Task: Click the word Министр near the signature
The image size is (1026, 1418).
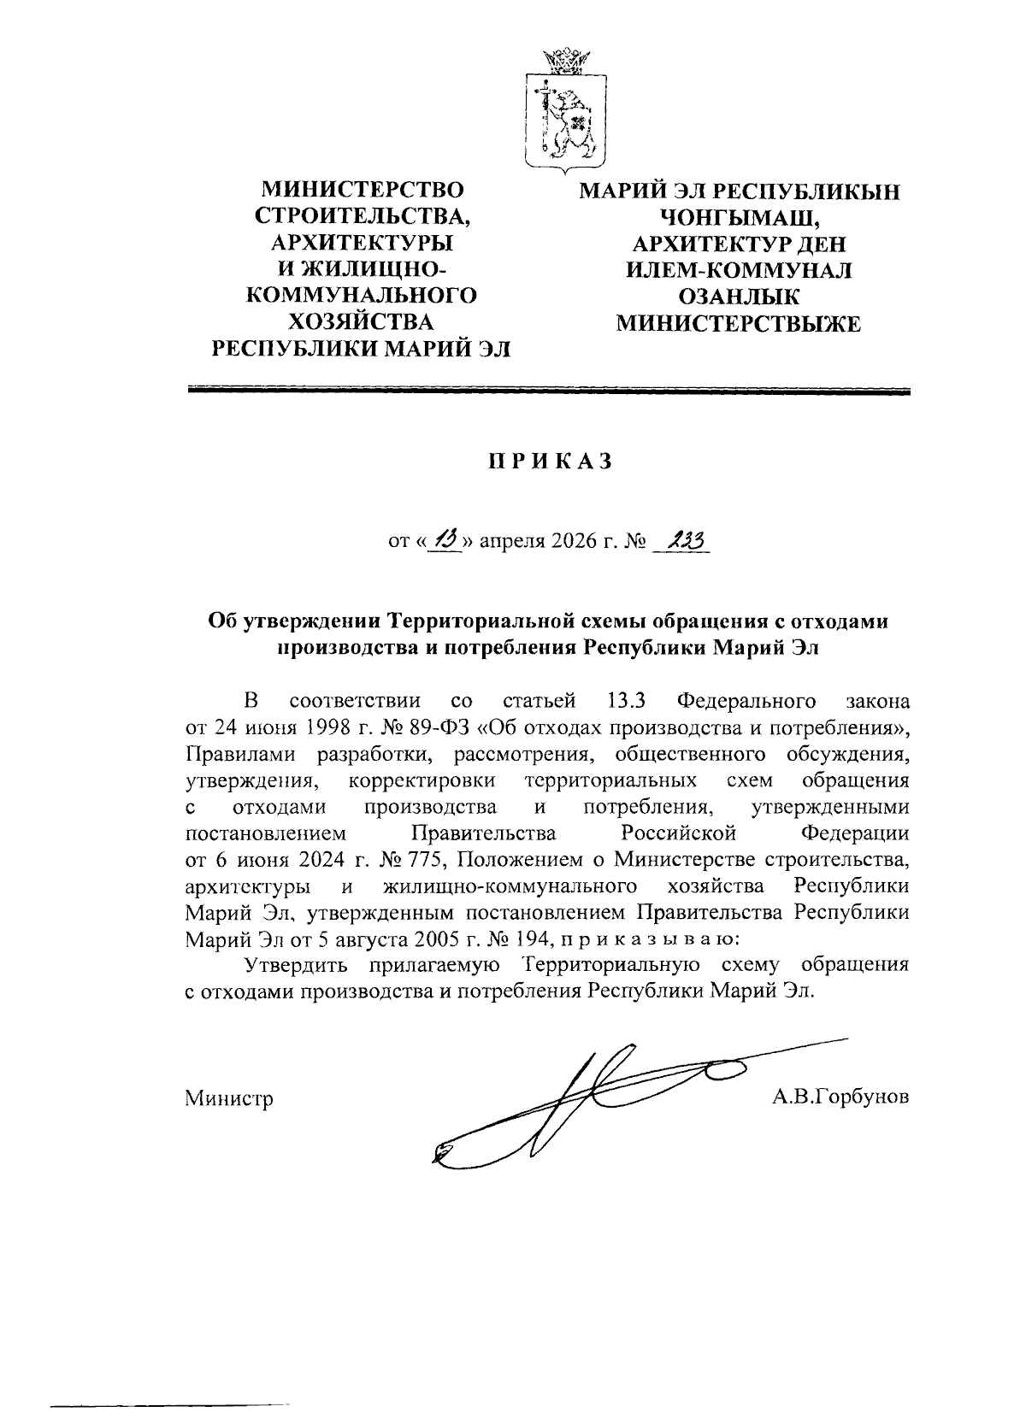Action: [x=229, y=1098]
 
